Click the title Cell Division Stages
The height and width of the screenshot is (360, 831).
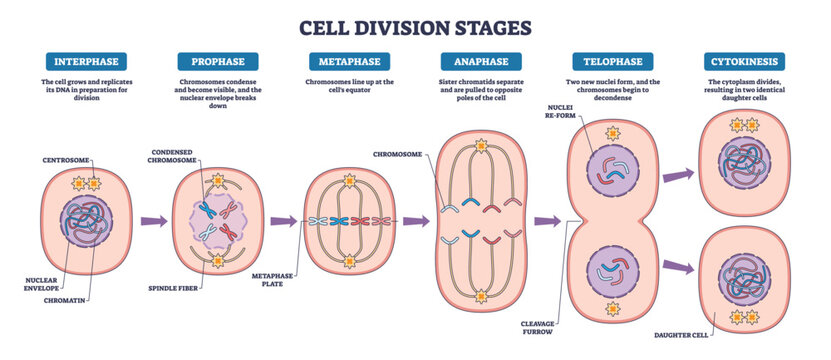coord(415,24)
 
